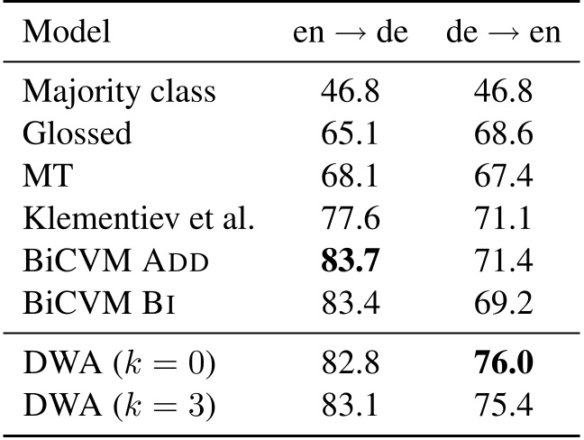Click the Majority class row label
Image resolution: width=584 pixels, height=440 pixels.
[119, 91]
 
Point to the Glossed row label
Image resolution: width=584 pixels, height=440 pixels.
[77, 133]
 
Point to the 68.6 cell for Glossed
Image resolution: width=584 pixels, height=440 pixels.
[503, 133]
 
